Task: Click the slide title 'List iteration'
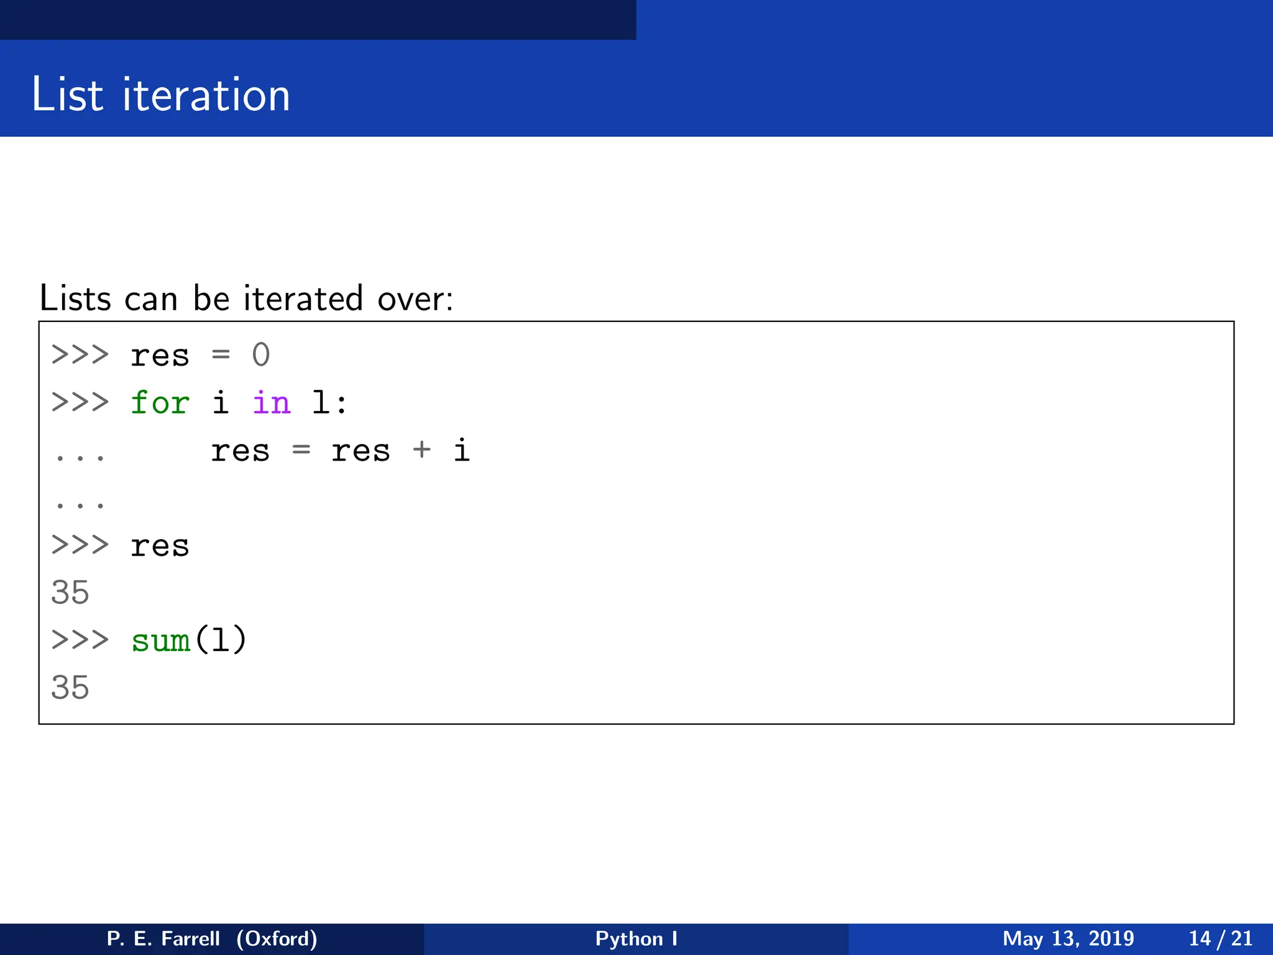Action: (x=160, y=95)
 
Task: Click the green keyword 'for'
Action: (x=160, y=402)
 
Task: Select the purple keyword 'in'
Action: (x=271, y=402)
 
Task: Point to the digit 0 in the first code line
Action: (x=261, y=355)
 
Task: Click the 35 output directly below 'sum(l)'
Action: (x=70, y=688)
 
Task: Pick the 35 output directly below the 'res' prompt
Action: (x=70, y=593)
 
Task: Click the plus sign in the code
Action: (x=421, y=449)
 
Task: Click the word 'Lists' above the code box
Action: (x=75, y=298)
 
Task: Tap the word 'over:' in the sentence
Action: (x=415, y=298)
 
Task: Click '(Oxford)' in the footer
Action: (x=277, y=938)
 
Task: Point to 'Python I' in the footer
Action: (x=636, y=938)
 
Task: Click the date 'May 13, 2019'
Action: (x=1068, y=938)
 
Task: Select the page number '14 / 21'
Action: (x=1220, y=938)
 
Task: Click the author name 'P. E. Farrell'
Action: (x=163, y=938)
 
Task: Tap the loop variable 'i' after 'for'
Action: (x=220, y=402)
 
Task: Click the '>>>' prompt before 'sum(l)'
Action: (x=80, y=640)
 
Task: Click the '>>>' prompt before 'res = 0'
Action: (x=80, y=355)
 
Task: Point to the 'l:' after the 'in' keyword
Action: (x=328, y=402)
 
